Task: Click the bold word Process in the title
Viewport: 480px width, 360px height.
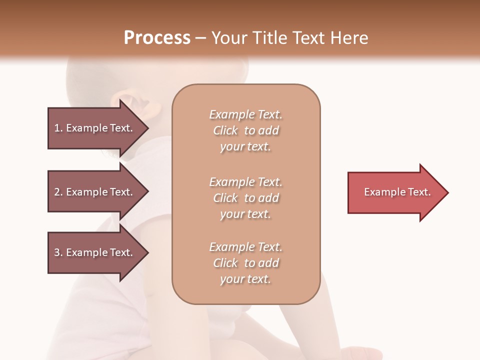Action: tap(157, 38)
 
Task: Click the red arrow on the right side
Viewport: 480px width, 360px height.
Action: tap(395, 192)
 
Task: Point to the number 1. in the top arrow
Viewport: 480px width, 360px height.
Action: tap(58, 128)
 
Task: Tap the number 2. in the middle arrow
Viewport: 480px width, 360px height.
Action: tap(58, 192)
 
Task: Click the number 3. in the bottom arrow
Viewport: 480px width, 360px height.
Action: tap(58, 252)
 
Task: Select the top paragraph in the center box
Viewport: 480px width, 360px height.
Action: tap(245, 130)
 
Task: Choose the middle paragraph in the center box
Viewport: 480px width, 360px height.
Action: tap(245, 198)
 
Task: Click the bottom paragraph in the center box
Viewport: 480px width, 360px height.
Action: tap(245, 263)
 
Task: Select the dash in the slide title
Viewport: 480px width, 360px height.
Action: tap(201, 38)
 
